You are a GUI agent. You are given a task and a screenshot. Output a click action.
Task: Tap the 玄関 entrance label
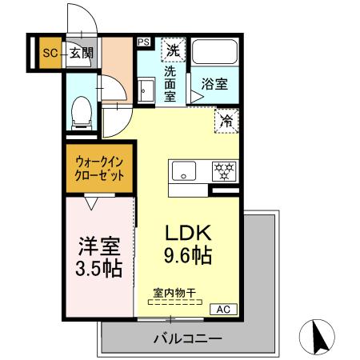[82, 53]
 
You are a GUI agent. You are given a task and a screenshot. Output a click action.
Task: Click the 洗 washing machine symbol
[172, 50]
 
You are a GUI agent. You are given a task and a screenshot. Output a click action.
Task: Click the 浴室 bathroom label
[214, 83]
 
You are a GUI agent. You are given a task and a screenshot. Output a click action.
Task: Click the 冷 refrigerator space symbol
[226, 121]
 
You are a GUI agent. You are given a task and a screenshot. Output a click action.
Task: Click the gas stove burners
[224, 170]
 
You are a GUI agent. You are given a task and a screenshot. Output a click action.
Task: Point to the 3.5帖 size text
[98, 268]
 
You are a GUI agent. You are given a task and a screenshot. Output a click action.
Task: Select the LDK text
[187, 233]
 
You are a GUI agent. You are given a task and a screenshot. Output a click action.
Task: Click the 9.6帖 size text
[188, 256]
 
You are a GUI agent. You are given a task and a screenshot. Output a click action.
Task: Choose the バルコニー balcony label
[188, 338]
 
